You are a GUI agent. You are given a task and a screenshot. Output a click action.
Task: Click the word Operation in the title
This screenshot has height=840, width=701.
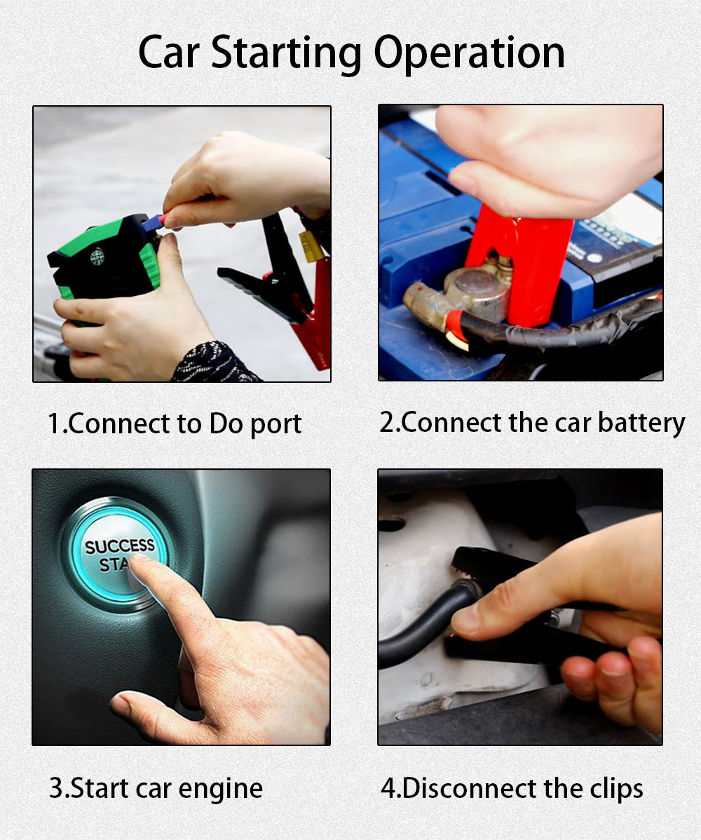(469, 53)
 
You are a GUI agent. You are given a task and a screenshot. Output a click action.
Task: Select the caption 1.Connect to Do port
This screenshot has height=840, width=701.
(175, 424)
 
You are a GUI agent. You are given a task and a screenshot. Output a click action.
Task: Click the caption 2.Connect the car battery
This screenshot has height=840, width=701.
(532, 423)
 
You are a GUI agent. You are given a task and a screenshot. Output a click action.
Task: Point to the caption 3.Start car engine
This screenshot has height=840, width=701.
(156, 787)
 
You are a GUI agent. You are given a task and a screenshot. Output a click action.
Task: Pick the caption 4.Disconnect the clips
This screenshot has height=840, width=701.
(512, 787)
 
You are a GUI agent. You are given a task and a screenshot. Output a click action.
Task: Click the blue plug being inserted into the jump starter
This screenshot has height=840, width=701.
(153, 222)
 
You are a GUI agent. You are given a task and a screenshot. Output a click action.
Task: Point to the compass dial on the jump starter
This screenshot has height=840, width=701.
(97, 256)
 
